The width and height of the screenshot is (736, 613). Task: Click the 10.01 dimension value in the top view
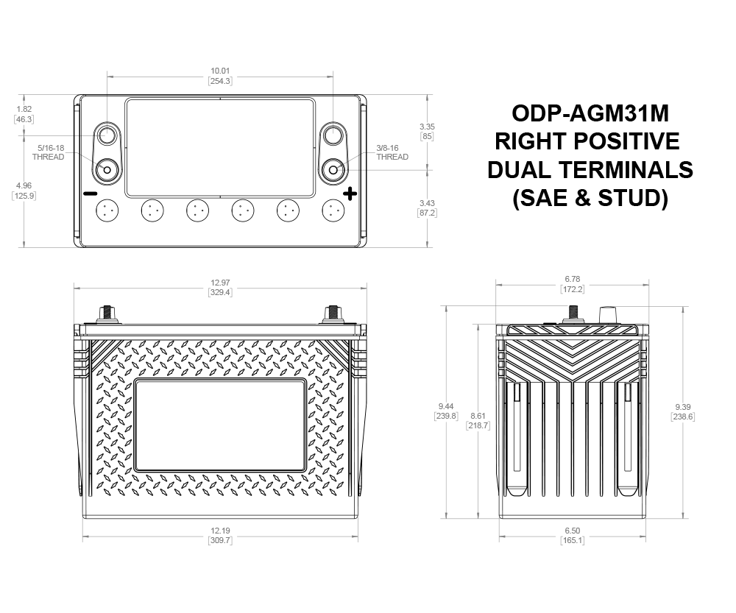(x=220, y=76)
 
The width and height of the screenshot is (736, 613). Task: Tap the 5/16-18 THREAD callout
(x=49, y=152)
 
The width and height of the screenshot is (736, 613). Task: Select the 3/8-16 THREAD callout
(x=392, y=152)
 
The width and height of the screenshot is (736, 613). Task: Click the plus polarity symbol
(x=350, y=194)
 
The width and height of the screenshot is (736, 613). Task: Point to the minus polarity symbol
(x=90, y=194)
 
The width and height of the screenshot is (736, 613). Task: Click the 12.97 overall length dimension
(x=220, y=287)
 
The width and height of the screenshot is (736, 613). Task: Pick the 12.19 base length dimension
(x=220, y=535)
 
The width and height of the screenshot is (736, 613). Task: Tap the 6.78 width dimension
(x=572, y=284)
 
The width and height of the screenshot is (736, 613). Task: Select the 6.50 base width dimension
(x=572, y=535)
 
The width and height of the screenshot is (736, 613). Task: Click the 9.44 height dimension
(x=446, y=411)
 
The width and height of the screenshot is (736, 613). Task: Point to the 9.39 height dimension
(x=683, y=411)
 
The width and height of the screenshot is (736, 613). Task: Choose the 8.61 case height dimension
(x=478, y=420)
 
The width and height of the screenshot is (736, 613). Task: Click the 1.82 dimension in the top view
(x=24, y=114)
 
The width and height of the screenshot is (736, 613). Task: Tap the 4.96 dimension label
(x=24, y=191)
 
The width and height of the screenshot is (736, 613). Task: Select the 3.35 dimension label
(x=427, y=132)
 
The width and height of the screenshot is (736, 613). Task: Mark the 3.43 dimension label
(x=427, y=208)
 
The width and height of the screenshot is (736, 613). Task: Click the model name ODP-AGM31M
(x=590, y=113)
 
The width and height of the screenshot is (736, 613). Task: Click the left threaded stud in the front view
(x=107, y=315)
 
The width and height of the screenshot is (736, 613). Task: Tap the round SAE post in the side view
(x=608, y=315)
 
